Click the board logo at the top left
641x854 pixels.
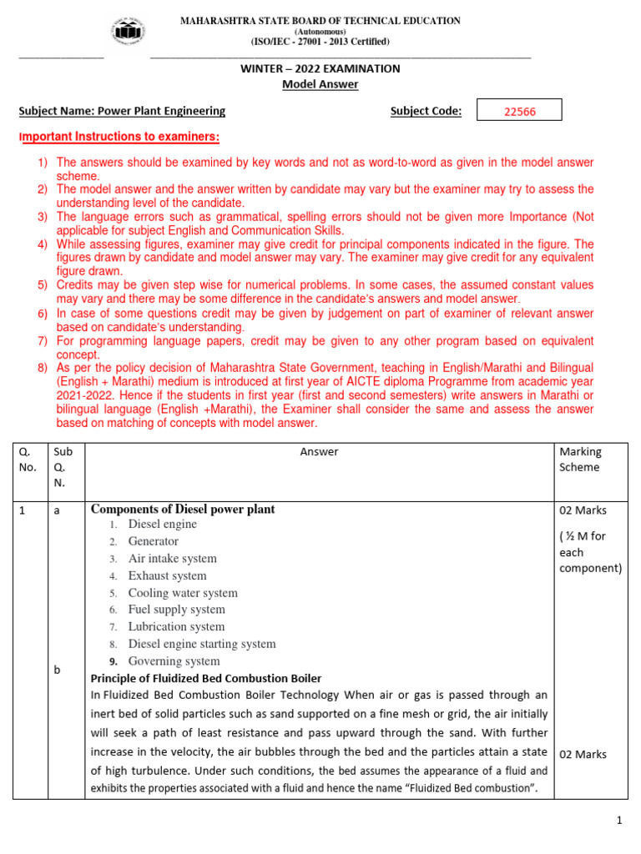click(126, 33)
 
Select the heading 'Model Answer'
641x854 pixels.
click(320, 84)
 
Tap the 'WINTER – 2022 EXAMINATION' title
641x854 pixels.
click(320, 68)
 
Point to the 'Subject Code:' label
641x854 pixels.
click(426, 111)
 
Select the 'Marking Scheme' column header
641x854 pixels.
click(580, 460)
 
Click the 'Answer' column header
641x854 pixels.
click(320, 452)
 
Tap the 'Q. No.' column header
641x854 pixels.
click(28, 460)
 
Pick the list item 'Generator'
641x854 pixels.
click(153, 541)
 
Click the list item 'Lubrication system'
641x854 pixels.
click(176, 626)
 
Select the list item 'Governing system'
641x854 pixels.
click(174, 661)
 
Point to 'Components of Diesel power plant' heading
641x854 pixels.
click(183, 509)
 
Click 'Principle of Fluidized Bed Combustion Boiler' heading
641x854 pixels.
click(205, 678)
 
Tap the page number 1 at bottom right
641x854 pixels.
click(619, 821)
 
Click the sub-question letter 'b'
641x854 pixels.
click(57, 670)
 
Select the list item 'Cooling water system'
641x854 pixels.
click(183, 593)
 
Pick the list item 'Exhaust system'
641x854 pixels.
click(167, 575)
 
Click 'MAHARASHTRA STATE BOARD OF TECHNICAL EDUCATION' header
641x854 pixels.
click(320, 21)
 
